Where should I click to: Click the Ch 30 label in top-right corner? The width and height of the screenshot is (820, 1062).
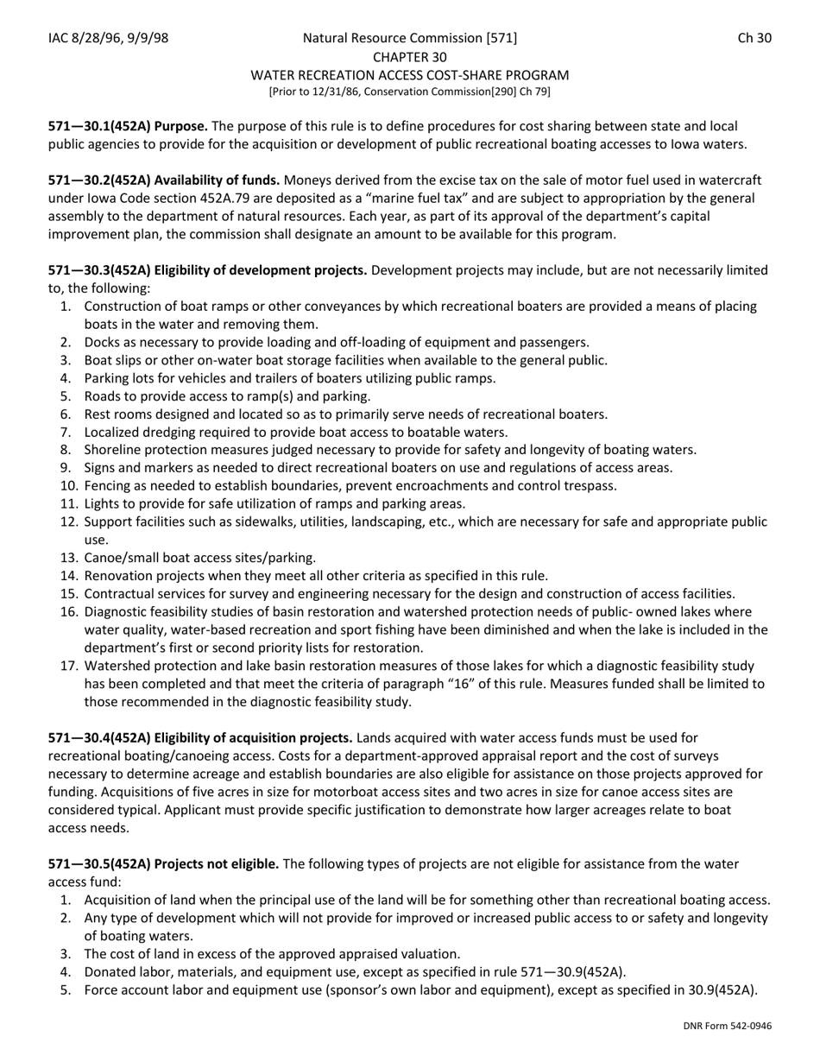(x=754, y=38)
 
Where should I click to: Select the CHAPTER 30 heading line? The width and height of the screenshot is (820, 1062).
(x=410, y=57)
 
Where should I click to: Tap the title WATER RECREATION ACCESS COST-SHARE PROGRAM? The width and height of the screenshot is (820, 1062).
(x=410, y=75)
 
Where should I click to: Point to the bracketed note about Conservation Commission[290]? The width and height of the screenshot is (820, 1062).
(x=410, y=92)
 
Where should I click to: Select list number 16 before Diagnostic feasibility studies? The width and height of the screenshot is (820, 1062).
(x=68, y=612)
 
